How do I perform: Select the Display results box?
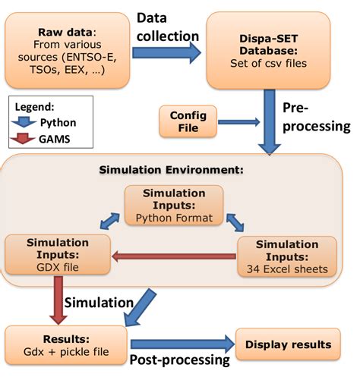pyautogui.click(x=288, y=344)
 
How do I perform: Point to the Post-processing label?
pyautogui.click(x=182, y=361)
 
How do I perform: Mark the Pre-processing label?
pyautogui.click(x=315, y=118)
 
